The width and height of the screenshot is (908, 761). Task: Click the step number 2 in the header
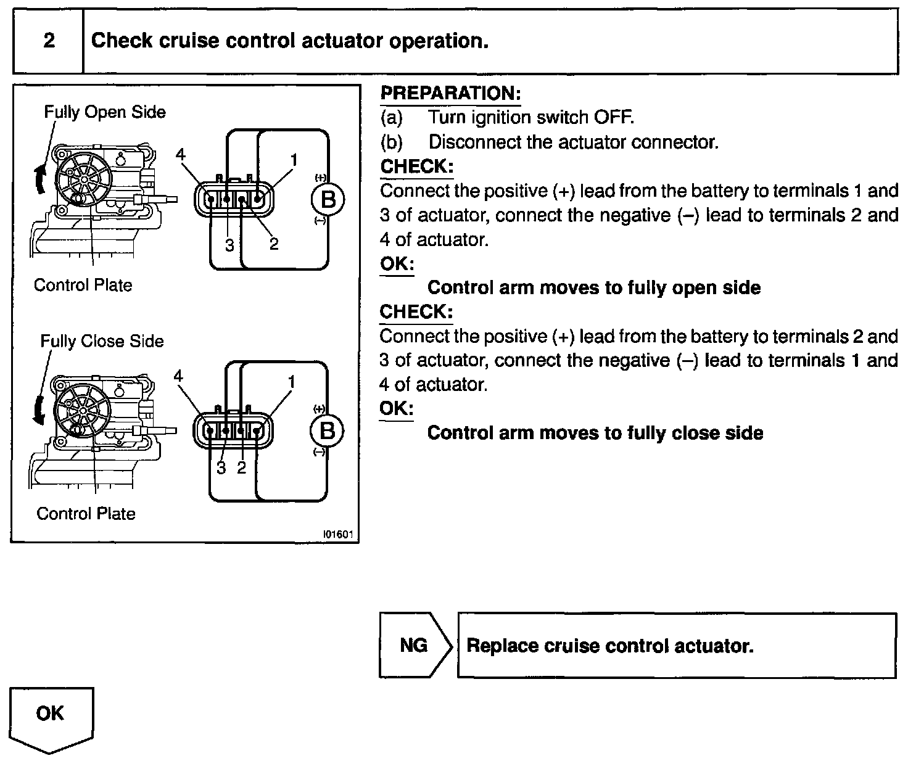point(49,41)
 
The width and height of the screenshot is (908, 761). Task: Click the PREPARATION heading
point(450,94)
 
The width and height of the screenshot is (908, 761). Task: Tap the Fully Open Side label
point(104,112)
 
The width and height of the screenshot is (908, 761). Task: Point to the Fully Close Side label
point(102,342)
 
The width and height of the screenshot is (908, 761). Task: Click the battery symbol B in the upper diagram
point(328,200)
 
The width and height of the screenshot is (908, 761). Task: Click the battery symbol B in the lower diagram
point(328,430)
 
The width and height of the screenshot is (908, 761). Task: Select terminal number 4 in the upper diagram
point(180,155)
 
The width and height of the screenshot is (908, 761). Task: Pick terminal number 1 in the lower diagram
point(291,382)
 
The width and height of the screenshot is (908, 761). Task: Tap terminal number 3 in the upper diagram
point(229,245)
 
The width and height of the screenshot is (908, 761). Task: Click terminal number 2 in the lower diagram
point(241,467)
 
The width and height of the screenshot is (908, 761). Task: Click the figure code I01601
point(339,535)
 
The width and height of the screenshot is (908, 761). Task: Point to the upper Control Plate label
point(83,286)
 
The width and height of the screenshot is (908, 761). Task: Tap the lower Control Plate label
point(86,514)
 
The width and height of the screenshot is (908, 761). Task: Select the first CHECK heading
point(417,167)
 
